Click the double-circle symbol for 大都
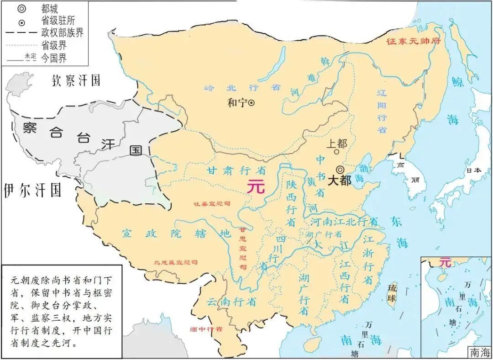[340, 169]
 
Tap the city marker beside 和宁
[251, 103]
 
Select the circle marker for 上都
[336, 152]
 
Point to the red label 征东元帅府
[414, 41]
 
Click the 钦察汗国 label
[75, 81]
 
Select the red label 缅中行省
[206, 329]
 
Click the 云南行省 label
[231, 302]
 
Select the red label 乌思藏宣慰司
[176, 262]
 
